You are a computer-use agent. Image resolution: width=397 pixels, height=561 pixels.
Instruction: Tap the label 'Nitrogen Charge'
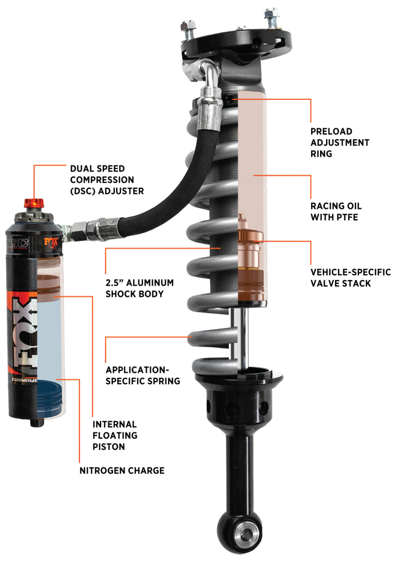(x=122, y=470)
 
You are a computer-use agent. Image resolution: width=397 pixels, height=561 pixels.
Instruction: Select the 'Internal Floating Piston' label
(x=115, y=435)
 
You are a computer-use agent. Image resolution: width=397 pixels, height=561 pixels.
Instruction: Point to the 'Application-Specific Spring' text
(x=143, y=376)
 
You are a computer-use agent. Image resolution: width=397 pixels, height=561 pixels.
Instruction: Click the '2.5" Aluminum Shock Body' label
(x=140, y=288)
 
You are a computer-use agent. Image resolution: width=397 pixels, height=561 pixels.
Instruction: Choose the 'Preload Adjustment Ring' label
(x=340, y=143)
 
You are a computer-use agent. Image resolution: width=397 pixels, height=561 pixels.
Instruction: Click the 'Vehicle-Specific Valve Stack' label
(x=350, y=278)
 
